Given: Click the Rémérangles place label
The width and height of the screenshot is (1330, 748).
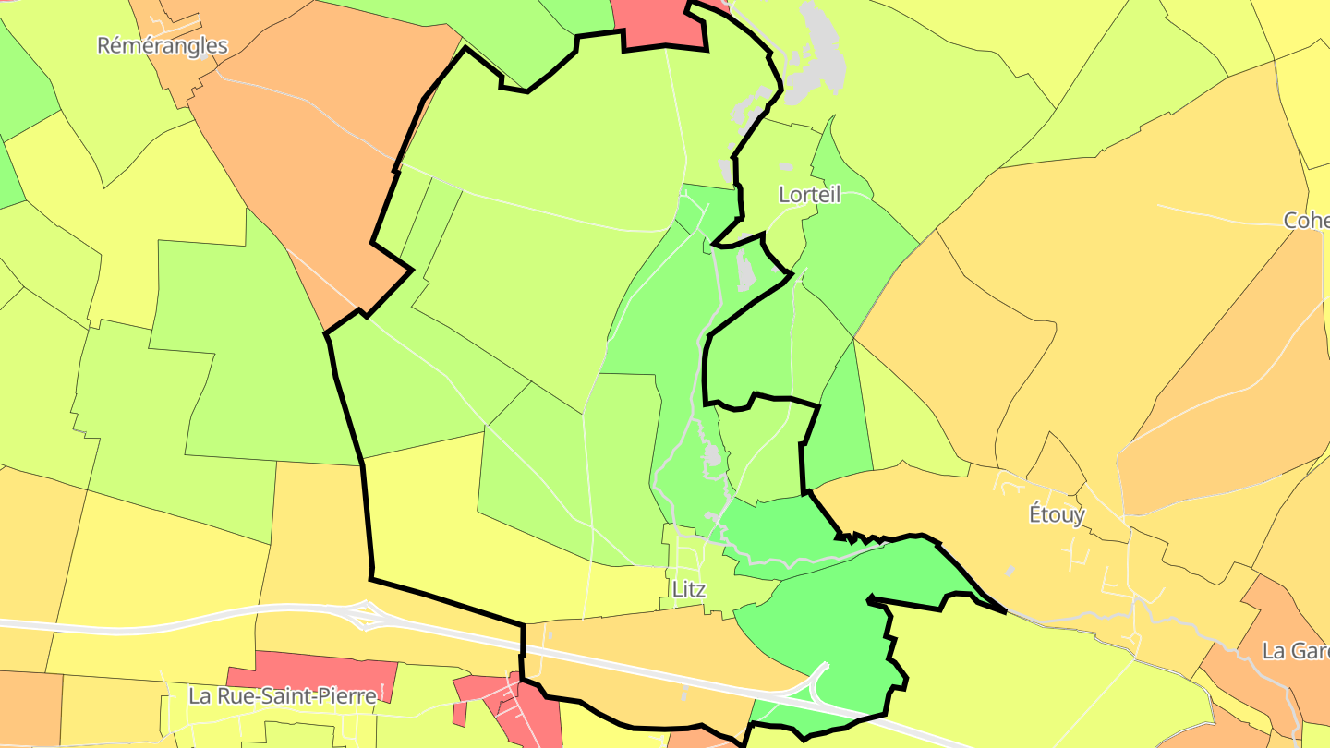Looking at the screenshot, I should (x=163, y=45).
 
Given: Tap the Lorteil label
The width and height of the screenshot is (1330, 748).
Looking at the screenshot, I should (x=809, y=195).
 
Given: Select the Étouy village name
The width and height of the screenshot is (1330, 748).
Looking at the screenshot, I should (x=1057, y=514).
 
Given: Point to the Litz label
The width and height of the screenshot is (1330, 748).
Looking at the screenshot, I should (x=689, y=590).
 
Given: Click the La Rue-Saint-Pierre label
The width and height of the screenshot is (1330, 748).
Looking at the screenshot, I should (x=283, y=696).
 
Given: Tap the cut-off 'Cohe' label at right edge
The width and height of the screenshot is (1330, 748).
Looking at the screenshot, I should (x=1306, y=221).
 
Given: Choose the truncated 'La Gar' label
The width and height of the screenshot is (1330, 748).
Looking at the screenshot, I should (x=1295, y=651).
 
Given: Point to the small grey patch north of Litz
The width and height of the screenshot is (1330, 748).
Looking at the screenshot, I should (x=712, y=455).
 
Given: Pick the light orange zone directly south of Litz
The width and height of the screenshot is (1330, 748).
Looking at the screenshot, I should (x=647, y=646).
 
